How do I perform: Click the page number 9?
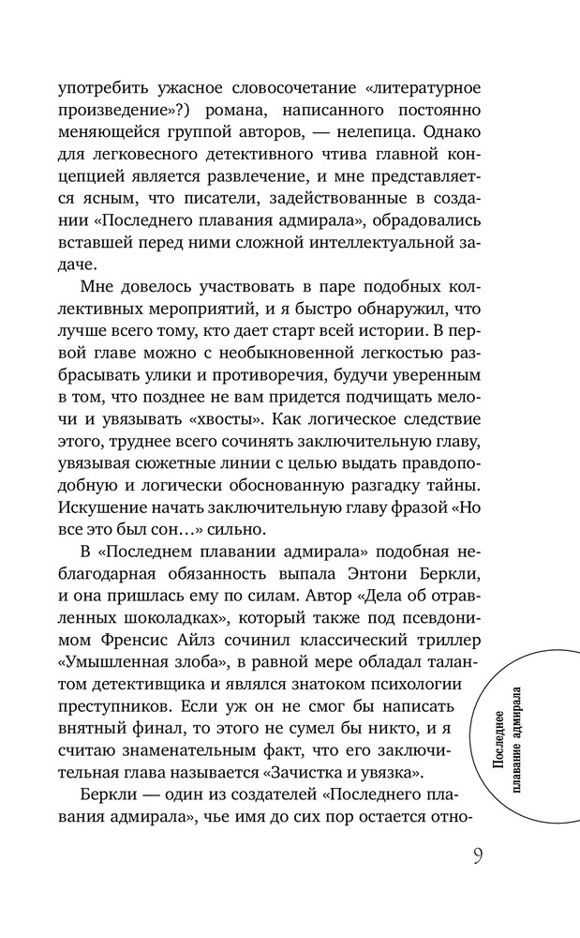(478, 856)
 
